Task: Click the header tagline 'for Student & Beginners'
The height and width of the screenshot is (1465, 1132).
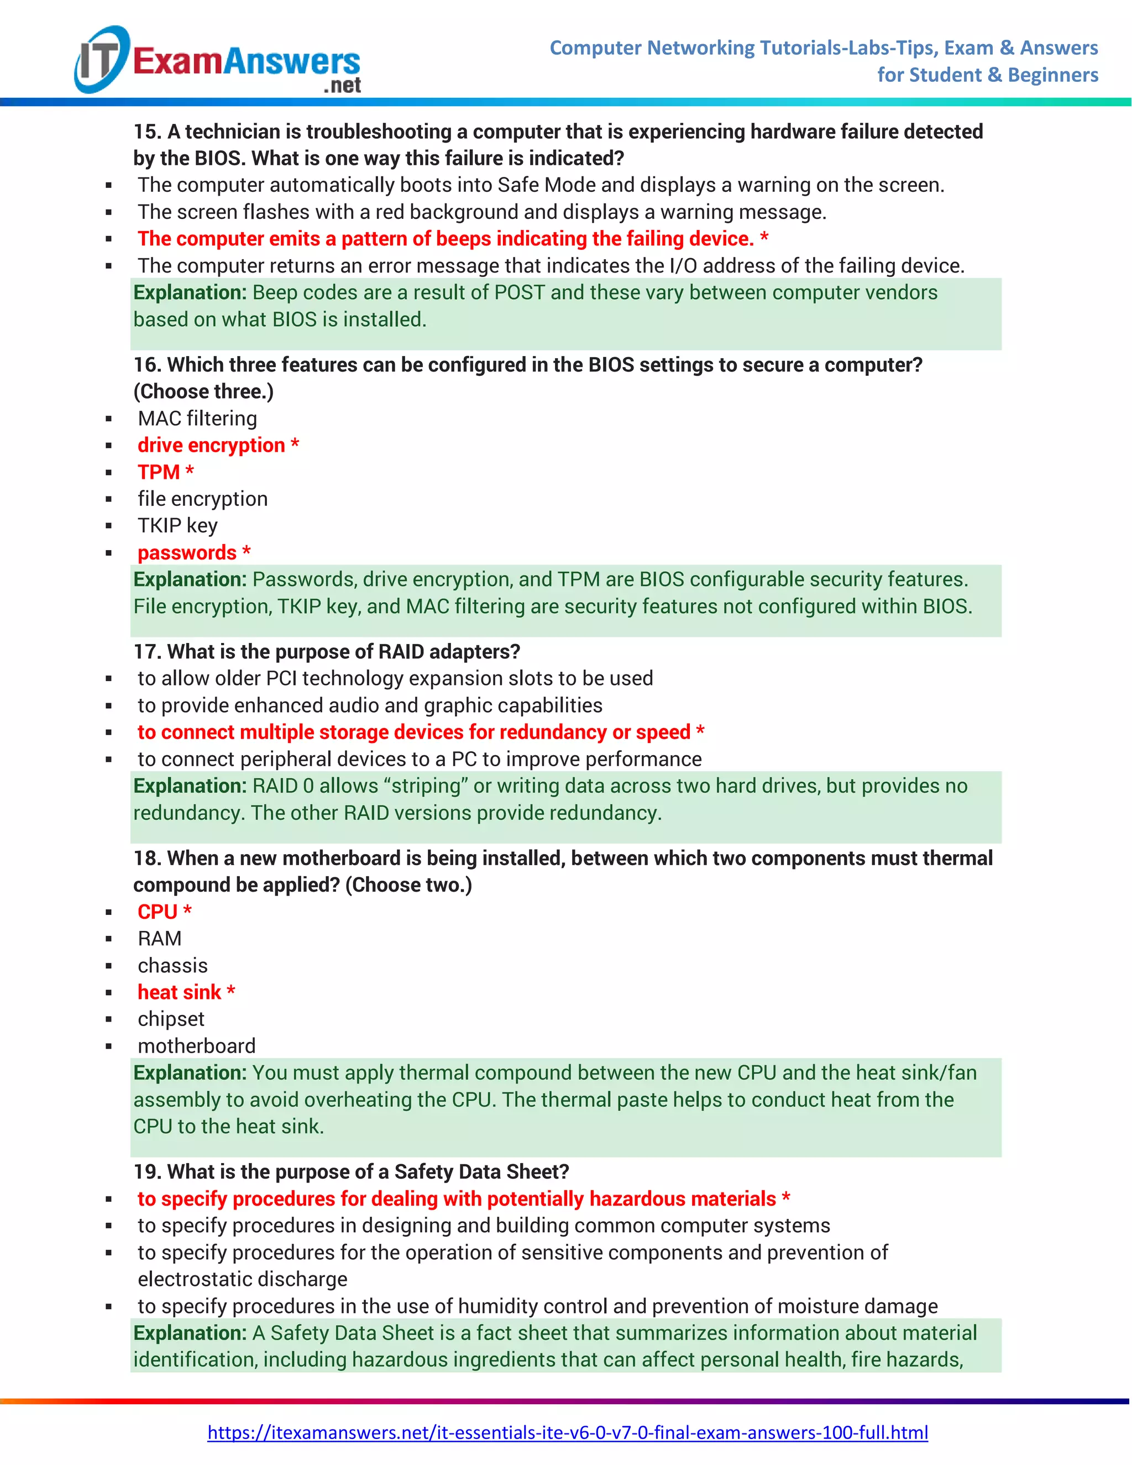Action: tap(987, 75)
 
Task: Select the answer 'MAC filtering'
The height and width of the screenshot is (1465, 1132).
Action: tap(197, 418)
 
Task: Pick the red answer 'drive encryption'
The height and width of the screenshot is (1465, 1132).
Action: tap(211, 446)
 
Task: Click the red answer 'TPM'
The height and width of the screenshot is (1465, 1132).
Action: tap(159, 472)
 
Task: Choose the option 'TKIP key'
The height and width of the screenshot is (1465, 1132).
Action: tap(178, 526)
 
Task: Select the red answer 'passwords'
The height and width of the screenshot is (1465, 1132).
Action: tap(187, 553)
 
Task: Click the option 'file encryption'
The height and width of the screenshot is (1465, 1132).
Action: tap(202, 499)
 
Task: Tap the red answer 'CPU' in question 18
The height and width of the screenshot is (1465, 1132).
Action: tap(158, 912)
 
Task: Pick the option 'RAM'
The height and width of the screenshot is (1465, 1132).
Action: tap(160, 939)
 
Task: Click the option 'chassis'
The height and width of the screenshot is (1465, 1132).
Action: tap(173, 966)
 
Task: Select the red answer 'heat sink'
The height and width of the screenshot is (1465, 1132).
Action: tap(179, 993)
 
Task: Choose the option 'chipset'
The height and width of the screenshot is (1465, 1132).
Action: tap(171, 1019)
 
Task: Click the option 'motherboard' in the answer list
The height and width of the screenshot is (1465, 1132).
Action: tap(196, 1047)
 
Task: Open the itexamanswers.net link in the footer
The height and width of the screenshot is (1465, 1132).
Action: tap(567, 1433)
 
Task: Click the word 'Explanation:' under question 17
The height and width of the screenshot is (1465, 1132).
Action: tap(190, 786)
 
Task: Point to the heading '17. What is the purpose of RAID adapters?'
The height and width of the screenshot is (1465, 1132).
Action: tap(327, 652)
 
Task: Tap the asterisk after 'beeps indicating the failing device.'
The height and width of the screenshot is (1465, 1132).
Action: tap(764, 238)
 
